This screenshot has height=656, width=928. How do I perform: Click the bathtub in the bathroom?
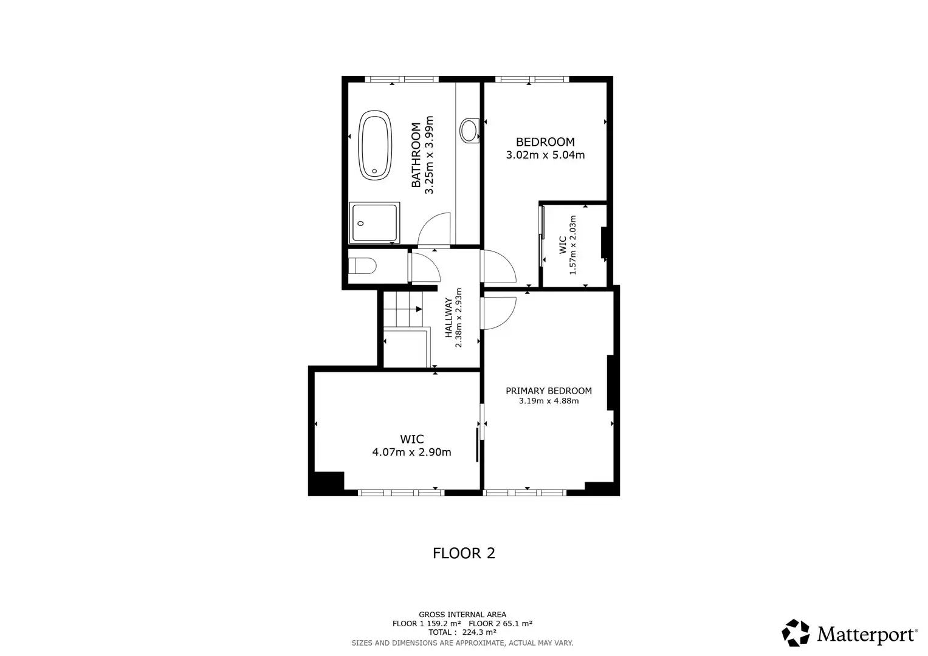tap(374, 145)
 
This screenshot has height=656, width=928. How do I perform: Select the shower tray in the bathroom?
tap(374, 223)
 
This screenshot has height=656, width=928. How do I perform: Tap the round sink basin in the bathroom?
tap(469, 129)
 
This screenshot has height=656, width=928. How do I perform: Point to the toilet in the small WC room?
tap(363, 267)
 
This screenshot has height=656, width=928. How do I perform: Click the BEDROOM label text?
tap(545, 142)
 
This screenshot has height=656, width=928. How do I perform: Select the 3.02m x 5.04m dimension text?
tap(545, 155)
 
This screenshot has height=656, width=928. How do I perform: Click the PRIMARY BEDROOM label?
tap(548, 391)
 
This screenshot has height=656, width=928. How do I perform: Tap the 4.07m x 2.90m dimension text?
tap(411, 452)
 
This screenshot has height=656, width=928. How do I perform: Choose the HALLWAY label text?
tap(449, 318)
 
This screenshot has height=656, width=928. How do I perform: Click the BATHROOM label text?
tap(416, 155)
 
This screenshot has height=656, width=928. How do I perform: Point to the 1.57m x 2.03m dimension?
tap(572, 245)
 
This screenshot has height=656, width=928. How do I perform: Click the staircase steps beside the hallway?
tap(402, 309)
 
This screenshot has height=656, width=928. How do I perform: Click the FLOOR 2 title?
tap(464, 553)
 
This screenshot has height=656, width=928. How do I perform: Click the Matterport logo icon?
tap(795, 633)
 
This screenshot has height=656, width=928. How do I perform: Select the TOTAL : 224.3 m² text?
tap(462, 632)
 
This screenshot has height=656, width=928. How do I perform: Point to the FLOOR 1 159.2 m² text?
tap(427, 624)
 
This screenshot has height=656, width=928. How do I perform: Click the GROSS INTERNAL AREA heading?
tap(462, 615)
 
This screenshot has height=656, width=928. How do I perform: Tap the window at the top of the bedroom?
tap(532, 79)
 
